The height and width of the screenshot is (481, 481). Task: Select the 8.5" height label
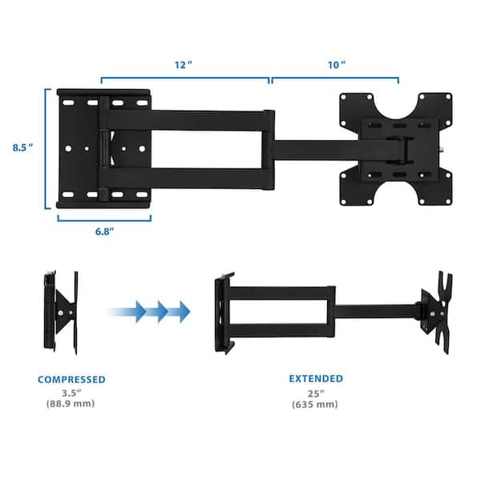(22, 148)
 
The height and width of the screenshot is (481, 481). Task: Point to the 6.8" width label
(103, 231)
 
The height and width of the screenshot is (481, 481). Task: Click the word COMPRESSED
(71, 378)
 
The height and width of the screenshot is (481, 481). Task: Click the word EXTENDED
(317, 378)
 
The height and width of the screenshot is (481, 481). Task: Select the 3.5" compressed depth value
(71, 393)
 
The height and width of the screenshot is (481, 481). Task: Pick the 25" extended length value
(317, 393)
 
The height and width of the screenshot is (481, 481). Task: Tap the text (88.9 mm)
(71, 404)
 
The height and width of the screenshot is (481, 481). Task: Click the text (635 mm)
(317, 404)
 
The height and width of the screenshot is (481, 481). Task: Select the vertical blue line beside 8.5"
(46, 148)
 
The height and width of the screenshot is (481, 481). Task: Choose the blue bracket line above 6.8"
(103, 218)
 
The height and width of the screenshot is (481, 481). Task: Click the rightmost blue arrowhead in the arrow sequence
(183, 311)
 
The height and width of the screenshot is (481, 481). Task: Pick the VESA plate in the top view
(395, 148)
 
